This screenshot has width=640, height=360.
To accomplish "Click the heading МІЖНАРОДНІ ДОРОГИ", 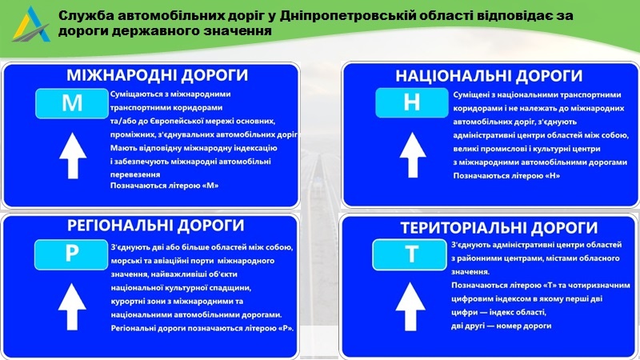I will pos(157,76).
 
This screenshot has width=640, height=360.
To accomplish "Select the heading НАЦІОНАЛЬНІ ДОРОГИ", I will pos(489,76).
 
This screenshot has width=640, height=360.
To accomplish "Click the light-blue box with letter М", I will pos(72,102).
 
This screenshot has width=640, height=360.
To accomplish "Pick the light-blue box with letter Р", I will pos(72,254).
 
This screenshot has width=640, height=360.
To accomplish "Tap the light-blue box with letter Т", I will pos(411,254).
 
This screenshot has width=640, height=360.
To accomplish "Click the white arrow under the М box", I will pos(72,156).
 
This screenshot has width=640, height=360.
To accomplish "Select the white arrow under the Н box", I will pos(411,155).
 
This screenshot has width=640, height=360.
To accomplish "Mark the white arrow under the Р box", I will pos(72,307).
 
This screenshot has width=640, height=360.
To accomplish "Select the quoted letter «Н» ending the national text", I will pos(546,174).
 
